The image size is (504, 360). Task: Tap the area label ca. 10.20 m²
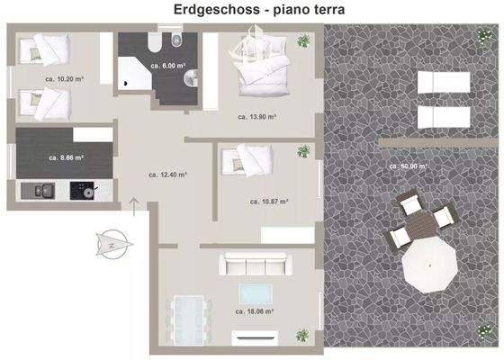[63, 78]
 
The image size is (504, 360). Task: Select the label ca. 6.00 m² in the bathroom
[168, 66]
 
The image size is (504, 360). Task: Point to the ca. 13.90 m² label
[256, 116]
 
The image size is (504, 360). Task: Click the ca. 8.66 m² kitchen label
[66, 157]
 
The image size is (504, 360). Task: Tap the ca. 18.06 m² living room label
[254, 311]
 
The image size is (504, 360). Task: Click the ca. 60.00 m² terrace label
[408, 166]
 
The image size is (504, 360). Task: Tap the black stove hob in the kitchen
[83, 191]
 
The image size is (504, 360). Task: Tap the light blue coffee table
[255, 292]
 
